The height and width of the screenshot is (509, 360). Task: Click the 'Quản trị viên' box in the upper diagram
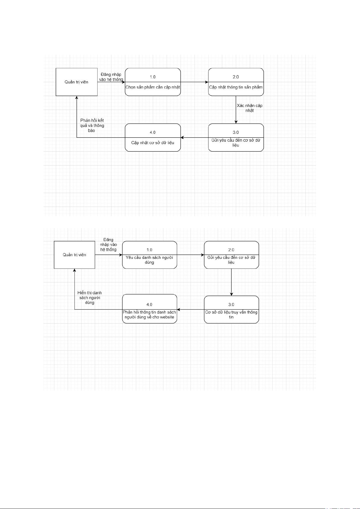(76, 82)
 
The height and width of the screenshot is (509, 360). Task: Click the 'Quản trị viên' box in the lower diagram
(75, 255)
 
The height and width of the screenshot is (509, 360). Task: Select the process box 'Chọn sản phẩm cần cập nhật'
(153, 82)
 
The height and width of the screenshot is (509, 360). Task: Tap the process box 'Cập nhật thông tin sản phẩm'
(236, 82)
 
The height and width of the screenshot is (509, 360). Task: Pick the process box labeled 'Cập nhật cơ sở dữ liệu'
(153, 137)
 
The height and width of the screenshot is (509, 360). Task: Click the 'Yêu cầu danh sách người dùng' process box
(150, 255)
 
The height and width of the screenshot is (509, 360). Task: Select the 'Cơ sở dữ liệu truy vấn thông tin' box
(231, 310)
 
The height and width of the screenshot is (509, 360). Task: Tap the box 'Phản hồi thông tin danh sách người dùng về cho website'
(150, 309)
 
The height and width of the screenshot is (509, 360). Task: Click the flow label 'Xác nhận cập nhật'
(250, 108)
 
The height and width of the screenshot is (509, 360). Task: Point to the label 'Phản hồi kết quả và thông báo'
(92, 125)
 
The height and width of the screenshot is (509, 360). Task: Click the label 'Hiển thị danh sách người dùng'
(89, 298)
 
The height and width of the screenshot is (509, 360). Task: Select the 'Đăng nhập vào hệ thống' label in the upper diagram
(111, 77)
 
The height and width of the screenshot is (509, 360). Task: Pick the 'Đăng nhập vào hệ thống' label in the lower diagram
(108, 244)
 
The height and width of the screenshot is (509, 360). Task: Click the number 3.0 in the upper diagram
(236, 132)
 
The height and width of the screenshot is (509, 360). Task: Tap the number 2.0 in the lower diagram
(231, 250)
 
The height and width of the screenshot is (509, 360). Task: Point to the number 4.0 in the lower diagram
(149, 304)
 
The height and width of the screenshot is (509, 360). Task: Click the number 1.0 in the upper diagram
(153, 77)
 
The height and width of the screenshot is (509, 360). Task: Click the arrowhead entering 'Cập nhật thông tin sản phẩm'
(207, 82)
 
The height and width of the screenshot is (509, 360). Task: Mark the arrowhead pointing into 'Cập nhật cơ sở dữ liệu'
(182, 137)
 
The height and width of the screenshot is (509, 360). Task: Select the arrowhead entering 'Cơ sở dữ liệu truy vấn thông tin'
(231, 294)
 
